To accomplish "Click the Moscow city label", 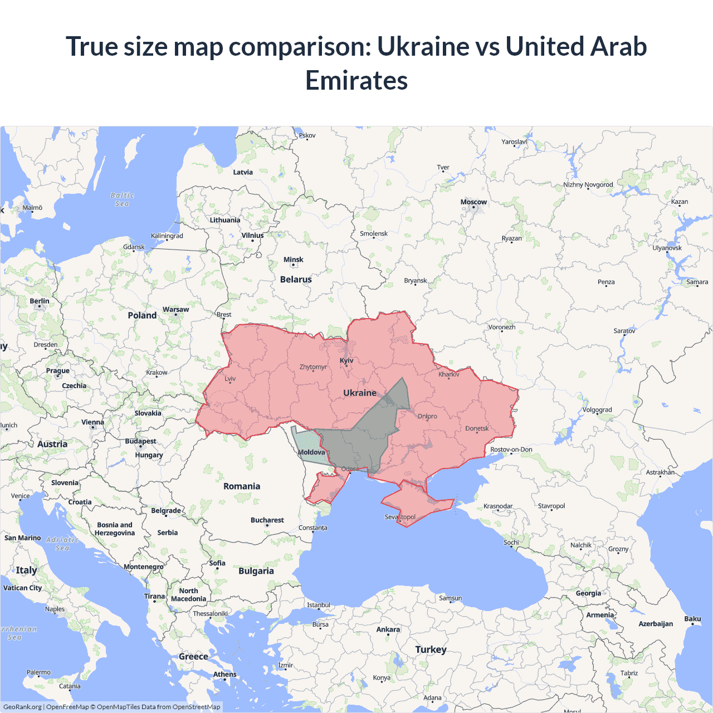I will click(473, 202).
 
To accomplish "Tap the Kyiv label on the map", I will click(346, 360).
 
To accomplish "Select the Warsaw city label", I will click(175, 310).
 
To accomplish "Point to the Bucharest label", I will click(267, 520).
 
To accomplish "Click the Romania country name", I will click(242, 486).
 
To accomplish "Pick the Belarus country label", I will click(296, 280).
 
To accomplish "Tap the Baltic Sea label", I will click(123, 199).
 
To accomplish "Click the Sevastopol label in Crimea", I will click(400, 517).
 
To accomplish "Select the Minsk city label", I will click(293, 260).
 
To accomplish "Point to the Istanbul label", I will click(319, 605).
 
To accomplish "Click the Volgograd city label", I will click(597, 410).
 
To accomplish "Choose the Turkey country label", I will click(431, 649).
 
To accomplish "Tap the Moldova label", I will click(311, 452).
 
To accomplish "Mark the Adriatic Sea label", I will click(62, 544).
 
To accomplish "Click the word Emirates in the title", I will click(356, 80).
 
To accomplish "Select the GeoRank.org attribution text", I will click(22, 707).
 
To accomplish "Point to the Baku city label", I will click(692, 619).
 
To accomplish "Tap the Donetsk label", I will click(477, 428).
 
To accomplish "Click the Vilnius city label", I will click(252, 236).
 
